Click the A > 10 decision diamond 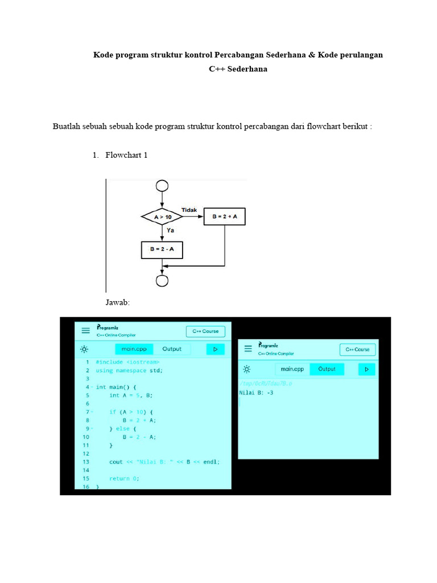coord(163,217)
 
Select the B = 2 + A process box coord(225,217)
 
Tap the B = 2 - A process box coord(162,250)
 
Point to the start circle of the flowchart coord(163,186)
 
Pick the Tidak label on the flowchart coord(189,210)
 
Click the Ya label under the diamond coord(170,231)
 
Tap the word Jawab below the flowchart coord(118,302)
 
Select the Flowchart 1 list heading coord(126,155)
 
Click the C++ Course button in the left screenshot coord(205,331)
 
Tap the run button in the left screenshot coord(215,349)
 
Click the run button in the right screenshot coord(366,369)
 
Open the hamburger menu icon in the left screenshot coord(85,330)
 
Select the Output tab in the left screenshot coord(172,349)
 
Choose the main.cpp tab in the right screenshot coord(292,369)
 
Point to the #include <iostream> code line coord(127,362)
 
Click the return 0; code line coord(124,479)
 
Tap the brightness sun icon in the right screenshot coord(248,369)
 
